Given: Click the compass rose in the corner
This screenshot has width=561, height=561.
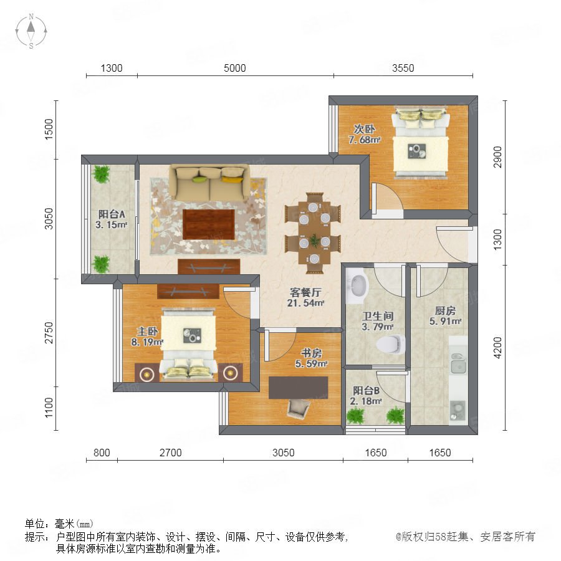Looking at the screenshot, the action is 31,31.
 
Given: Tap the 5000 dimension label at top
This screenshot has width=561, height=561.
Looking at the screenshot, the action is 235,68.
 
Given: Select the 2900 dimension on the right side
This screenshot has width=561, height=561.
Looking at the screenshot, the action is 497,156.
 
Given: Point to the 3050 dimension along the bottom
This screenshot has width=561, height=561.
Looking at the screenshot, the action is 284,453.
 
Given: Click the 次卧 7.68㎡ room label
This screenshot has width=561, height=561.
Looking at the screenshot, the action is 364,134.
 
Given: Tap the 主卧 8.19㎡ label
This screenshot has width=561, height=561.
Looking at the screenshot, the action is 147,337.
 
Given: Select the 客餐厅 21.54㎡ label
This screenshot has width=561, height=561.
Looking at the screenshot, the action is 305,298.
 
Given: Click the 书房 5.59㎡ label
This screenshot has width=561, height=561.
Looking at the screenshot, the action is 311,358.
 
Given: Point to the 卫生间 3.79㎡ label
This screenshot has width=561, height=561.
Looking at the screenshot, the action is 378,321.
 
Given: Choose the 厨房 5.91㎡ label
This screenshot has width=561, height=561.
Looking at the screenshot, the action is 445,316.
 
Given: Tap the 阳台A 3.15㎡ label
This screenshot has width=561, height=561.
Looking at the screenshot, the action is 112,219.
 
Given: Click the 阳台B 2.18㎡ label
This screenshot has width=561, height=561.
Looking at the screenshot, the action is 366,396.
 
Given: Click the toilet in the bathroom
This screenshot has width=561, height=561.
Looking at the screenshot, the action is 390,344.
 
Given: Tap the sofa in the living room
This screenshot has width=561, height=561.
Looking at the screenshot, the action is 209,182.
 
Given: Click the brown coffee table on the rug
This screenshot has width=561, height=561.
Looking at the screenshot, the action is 209,224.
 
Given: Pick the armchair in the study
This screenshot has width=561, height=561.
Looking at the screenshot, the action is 298,408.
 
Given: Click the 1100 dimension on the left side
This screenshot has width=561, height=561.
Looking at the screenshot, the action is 49,408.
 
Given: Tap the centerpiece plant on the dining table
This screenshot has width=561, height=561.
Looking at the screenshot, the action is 315,240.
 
